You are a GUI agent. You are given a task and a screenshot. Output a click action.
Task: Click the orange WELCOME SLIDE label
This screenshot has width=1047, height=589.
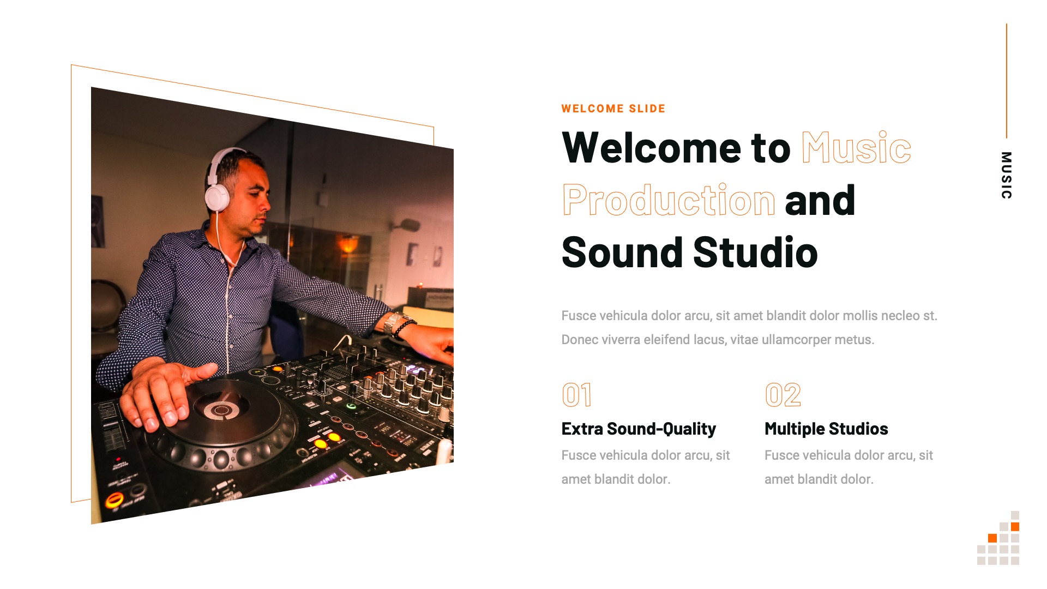(x=613, y=109)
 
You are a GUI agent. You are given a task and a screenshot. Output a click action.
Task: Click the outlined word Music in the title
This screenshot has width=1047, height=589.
(x=856, y=148)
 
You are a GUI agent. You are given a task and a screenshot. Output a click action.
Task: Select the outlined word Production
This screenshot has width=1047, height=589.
(x=669, y=200)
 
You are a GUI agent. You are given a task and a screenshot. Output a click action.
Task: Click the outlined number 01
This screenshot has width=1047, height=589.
(x=576, y=395)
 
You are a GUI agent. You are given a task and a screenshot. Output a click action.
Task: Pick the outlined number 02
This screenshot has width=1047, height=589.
(x=783, y=395)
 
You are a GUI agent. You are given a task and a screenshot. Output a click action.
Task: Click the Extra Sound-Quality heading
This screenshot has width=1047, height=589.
(x=639, y=429)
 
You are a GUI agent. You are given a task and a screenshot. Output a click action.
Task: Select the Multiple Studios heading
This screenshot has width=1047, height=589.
(x=826, y=429)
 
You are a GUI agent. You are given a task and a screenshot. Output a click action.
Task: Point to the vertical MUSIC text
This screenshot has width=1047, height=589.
(x=1006, y=175)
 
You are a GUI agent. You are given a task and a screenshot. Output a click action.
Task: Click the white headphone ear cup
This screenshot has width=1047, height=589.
(x=218, y=197)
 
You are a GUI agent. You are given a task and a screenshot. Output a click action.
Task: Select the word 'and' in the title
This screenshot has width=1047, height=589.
(x=820, y=200)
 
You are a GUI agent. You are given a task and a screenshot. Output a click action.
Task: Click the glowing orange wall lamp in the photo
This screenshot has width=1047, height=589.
(x=348, y=244)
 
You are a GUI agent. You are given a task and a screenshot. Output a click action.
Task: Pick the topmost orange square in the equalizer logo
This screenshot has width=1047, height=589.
(x=1015, y=526)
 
